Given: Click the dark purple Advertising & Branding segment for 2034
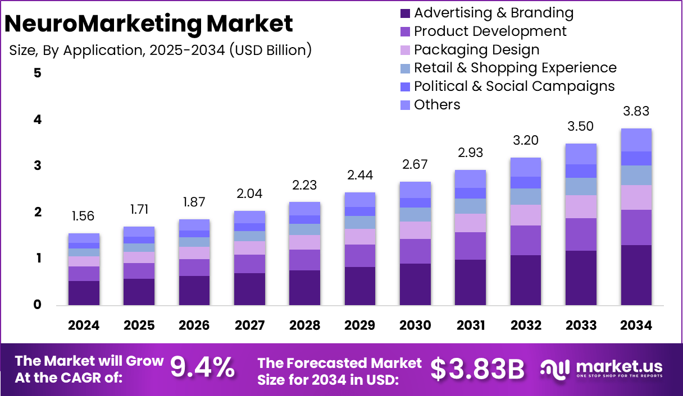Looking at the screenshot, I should (636, 275).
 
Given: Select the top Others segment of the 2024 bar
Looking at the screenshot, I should (84, 238).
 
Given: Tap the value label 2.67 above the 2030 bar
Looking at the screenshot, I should (415, 164).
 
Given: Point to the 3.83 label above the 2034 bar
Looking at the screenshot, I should (636, 111).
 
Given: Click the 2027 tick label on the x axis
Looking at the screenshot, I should (249, 325).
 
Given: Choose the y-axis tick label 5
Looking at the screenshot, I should (38, 73).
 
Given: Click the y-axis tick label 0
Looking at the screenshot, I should (38, 305).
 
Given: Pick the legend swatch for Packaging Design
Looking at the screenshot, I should (406, 50).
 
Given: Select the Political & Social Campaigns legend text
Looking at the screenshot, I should (514, 86).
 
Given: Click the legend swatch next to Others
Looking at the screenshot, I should (406, 105).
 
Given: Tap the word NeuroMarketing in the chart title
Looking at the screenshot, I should (102, 24).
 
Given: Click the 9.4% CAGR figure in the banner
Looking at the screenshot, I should (202, 368).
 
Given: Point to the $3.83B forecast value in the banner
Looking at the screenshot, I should (477, 369).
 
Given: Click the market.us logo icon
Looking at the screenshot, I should (555, 369).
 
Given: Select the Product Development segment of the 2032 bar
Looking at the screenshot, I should (526, 240).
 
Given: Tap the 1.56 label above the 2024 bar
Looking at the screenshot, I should (84, 216).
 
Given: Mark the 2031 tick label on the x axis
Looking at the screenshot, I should (470, 325).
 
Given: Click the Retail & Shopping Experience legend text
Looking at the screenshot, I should (515, 68).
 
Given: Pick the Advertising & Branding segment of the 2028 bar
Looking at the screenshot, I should (304, 287).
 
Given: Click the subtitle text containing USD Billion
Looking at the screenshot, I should (160, 50).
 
